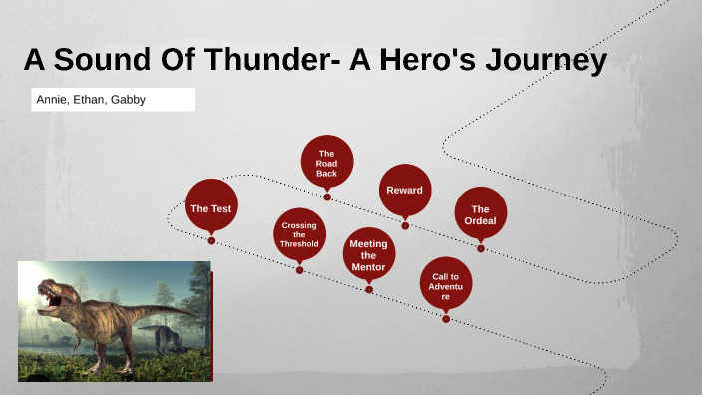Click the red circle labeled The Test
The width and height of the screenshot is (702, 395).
[211, 206]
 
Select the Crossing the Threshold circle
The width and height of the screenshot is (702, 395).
[299, 234]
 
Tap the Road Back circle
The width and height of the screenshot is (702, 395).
[327, 162]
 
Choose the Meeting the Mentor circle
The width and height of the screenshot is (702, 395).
[369, 254]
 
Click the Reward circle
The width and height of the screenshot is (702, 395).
[405, 190]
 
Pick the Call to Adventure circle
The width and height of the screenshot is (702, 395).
[446, 283]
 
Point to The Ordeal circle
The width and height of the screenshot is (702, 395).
[481, 213]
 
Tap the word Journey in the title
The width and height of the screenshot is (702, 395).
[546, 61]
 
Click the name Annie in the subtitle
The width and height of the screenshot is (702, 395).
[52, 100]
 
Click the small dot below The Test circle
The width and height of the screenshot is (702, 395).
[211, 240]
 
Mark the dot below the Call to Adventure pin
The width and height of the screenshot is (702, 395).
[446, 319]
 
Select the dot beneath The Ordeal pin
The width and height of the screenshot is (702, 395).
[481, 248]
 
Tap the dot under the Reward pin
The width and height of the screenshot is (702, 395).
[405, 225]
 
